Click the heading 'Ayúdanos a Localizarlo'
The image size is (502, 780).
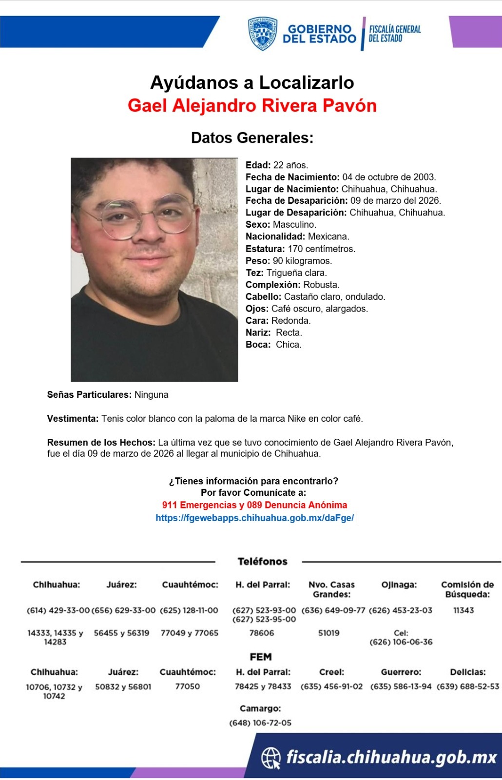(x=252, y=82)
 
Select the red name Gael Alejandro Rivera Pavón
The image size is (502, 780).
(x=252, y=105)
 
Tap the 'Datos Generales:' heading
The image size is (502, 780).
(x=252, y=138)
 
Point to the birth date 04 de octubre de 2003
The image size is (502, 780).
(x=389, y=177)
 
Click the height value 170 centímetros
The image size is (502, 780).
(x=321, y=249)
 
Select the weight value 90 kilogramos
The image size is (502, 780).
(x=302, y=261)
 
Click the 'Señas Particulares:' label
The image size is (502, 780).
(x=89, y=395)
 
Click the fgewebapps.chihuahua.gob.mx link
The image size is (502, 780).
(x=254, y=518)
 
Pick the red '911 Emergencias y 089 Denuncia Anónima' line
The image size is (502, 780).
(x=254, y=505)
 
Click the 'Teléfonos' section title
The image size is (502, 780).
(x=262, y=562)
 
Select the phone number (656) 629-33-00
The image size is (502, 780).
(x=123, y=610)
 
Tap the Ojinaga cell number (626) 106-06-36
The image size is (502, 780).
(x=401, y=642)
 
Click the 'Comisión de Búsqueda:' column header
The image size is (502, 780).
(x=467, y=589)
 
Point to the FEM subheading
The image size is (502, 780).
(x=261, y=657)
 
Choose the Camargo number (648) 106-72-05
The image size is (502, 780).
(x=260, y=723)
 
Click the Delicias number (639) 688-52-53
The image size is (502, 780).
(x=467, y=686)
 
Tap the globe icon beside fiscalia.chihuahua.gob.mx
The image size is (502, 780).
(x=271, y=758)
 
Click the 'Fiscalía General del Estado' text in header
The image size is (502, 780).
(x=394, y=34)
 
